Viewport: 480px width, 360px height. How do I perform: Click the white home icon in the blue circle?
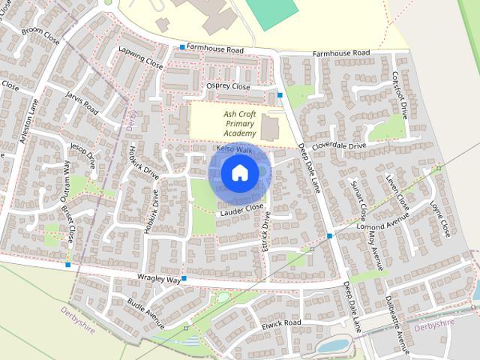pos(239,173)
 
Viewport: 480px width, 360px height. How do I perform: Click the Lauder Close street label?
pos(241,211)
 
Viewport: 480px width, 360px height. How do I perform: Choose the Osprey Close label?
pos(228,87)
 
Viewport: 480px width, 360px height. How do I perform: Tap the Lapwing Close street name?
pos(140,57)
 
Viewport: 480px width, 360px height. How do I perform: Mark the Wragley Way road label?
pos(160,278)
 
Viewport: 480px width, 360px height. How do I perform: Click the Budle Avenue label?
pos(145,313)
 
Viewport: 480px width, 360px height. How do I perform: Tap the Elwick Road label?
pos(281,324)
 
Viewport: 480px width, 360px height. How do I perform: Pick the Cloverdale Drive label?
pos(339,143)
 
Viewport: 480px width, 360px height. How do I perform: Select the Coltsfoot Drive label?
pos(399,96)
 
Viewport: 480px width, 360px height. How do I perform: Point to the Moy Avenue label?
pos(375,250)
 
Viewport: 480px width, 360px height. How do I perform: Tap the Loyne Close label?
pos(440,217)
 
